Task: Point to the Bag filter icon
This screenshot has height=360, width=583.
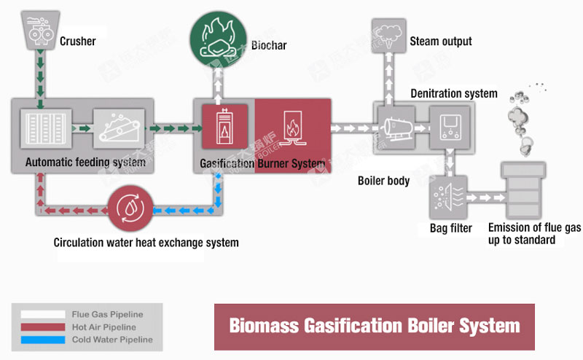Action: point(446,197)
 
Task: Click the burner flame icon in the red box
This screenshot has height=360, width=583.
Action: point(292,127)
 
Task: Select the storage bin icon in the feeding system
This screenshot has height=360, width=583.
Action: point(44,130)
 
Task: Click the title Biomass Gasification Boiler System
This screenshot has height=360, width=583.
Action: point(375,325)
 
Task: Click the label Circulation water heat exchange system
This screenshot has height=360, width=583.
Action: point(146,242)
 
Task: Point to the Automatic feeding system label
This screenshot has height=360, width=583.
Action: point(85,163)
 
